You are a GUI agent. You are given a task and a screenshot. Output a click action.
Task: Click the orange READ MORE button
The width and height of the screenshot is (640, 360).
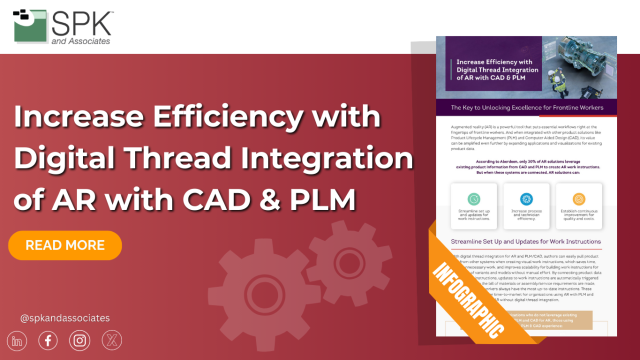click(65, 245)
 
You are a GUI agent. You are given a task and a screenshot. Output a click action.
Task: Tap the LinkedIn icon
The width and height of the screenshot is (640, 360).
click(17, 341)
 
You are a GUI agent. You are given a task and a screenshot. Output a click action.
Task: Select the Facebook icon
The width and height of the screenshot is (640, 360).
click(48, 341)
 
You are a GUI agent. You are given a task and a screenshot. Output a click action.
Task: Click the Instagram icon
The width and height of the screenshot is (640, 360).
click(79, 341)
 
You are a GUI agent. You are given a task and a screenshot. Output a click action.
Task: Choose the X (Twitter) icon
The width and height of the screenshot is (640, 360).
click(111, 341)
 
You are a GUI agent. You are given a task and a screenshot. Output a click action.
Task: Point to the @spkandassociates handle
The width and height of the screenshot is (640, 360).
click(65, 318)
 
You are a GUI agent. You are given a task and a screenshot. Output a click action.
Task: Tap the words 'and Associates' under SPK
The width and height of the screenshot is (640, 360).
click(80, 41)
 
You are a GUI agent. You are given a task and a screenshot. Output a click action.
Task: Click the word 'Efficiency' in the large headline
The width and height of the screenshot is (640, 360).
click(227, 117)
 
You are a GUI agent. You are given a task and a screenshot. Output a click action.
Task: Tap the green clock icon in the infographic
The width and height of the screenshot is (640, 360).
click(474, 198)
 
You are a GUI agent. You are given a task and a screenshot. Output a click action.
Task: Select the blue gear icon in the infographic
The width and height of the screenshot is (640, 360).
click(526, 198)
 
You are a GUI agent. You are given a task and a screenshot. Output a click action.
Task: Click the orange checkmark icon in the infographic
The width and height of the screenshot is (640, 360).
click(579, 198)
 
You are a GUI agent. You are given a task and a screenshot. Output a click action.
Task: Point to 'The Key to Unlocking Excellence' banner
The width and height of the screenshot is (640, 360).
click(526, 107)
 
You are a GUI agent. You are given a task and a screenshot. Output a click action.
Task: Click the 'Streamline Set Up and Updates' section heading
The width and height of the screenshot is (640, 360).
click(525, 241)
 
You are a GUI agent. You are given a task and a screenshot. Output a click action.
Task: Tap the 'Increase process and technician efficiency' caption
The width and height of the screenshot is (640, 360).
click(526, 215)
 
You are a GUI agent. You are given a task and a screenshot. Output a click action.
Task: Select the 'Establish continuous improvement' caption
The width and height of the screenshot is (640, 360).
click(579, 215)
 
